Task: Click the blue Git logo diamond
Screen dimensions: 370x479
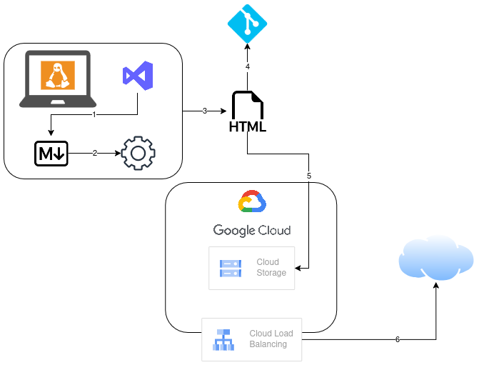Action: click(247, 24)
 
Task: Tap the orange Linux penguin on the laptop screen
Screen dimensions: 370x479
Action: click(58, 74)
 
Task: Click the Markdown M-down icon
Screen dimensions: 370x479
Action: click(51, 153)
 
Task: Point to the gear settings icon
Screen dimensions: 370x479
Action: click(138, 153)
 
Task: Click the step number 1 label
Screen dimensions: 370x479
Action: click(94, 114)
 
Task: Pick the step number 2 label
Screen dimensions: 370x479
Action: click(94, 153)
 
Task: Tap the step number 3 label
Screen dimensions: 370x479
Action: click(205, 111)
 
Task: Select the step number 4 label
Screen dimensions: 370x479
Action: click(248, 66)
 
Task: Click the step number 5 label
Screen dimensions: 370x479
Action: click(309, 176)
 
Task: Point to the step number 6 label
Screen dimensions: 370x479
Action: click(398, 340)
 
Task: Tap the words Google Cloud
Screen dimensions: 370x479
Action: click(252, 230)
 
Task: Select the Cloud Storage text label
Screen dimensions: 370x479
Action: click(271, 268)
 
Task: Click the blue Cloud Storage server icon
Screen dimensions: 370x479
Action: click(231, 268)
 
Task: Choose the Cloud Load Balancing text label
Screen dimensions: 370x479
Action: click(271, 339)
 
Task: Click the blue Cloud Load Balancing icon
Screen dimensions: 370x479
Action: click(223, 339)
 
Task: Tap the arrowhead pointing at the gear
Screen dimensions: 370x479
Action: click(118, 153)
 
